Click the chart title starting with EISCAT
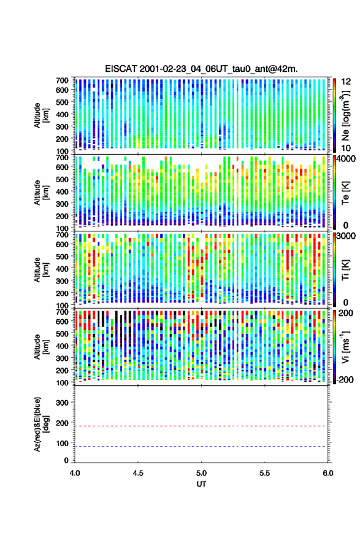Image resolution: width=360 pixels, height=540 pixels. (201, 69)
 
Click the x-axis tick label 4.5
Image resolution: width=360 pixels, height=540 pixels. (138, 473)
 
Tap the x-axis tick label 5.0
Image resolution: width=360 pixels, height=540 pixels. (201, 473)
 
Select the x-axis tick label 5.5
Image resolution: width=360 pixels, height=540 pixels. (265, 473)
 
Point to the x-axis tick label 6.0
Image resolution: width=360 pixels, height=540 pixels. (327, 473)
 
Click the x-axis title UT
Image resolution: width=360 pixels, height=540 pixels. (201, 484)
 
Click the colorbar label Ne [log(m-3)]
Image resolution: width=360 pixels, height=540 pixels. (345, 115)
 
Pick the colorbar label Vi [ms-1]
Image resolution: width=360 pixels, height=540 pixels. (345, 347)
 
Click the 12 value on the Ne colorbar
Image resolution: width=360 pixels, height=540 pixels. (346, 82)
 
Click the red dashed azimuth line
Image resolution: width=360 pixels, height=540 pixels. (201, 426)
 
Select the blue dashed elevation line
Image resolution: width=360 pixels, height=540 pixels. (201, 446)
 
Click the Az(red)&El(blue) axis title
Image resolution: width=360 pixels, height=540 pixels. (40, 424)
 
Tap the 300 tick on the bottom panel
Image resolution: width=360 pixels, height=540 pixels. (63, 403)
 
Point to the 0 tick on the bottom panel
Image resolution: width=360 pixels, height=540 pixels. (66, 460)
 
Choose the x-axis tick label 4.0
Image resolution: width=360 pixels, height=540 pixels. (75, 473)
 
